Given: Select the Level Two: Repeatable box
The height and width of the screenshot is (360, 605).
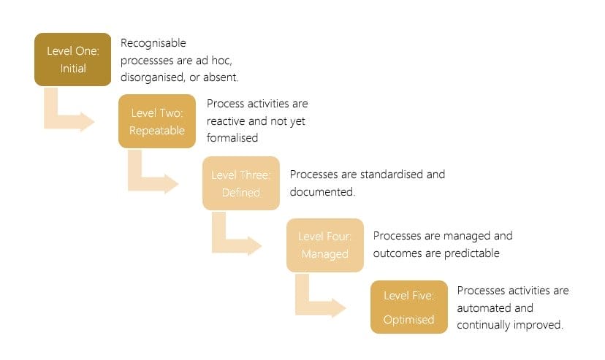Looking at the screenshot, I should [157, 121].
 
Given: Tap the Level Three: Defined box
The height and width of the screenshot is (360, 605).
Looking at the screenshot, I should [241, 183].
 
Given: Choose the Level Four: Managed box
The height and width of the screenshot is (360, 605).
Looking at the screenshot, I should [325, 245].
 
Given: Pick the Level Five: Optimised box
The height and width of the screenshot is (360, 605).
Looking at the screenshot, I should [408, 307].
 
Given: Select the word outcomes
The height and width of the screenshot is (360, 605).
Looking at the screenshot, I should [397, 253].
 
